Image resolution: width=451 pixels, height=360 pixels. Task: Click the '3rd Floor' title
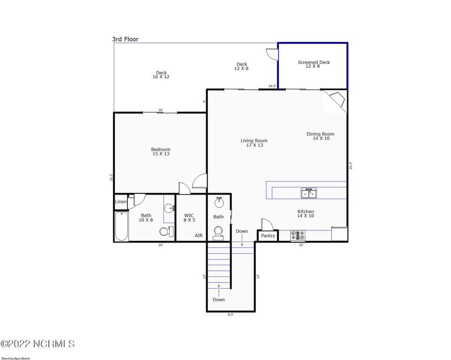pos(125,39)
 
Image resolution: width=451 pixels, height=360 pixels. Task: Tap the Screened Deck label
pos(313,64)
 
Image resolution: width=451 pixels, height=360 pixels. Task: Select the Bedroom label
pos(161,151)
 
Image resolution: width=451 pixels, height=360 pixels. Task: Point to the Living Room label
pos(254,143)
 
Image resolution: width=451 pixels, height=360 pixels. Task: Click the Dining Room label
pos(320,136)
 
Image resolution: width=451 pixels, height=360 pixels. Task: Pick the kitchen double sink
pos(309,193)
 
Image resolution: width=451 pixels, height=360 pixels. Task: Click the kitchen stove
pos(298,235)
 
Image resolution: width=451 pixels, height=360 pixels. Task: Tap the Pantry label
pos(268,235)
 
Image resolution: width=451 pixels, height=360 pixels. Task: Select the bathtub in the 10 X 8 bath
pos(121,226)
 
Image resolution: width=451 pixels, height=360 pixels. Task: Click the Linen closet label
pos(121,202)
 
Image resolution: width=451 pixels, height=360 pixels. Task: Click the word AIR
pos(199,235)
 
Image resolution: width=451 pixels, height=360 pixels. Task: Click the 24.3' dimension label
pos(272,86)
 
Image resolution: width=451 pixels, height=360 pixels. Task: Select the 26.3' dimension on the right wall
pos(350,166)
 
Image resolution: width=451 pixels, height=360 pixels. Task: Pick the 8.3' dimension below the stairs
pos(231,314)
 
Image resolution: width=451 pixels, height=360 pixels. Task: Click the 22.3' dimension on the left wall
pos(111,177)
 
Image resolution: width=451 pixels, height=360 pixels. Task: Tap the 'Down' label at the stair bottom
pos(218,299)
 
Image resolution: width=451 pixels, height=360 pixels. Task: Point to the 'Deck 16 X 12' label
pos(161,75)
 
